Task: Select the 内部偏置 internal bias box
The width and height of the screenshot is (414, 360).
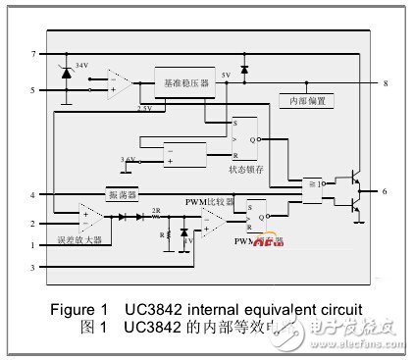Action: pyautogui.click(x=305, y=101)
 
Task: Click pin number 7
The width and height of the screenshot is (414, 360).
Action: pyautogui.click(x=33, y=53)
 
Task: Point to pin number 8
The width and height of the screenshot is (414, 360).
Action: pyautogui.click(x=386, y=84)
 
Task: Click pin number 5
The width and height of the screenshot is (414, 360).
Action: pyautogui.click(x=33, y=90)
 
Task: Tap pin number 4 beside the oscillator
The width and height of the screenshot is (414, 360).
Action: pyautogui.click(x=33, y=194)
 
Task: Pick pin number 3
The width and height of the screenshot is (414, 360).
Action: pyautogui.click(x=33, y=266)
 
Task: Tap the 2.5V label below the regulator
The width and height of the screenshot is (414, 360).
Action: pyautogui.click(x=145, y=109)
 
